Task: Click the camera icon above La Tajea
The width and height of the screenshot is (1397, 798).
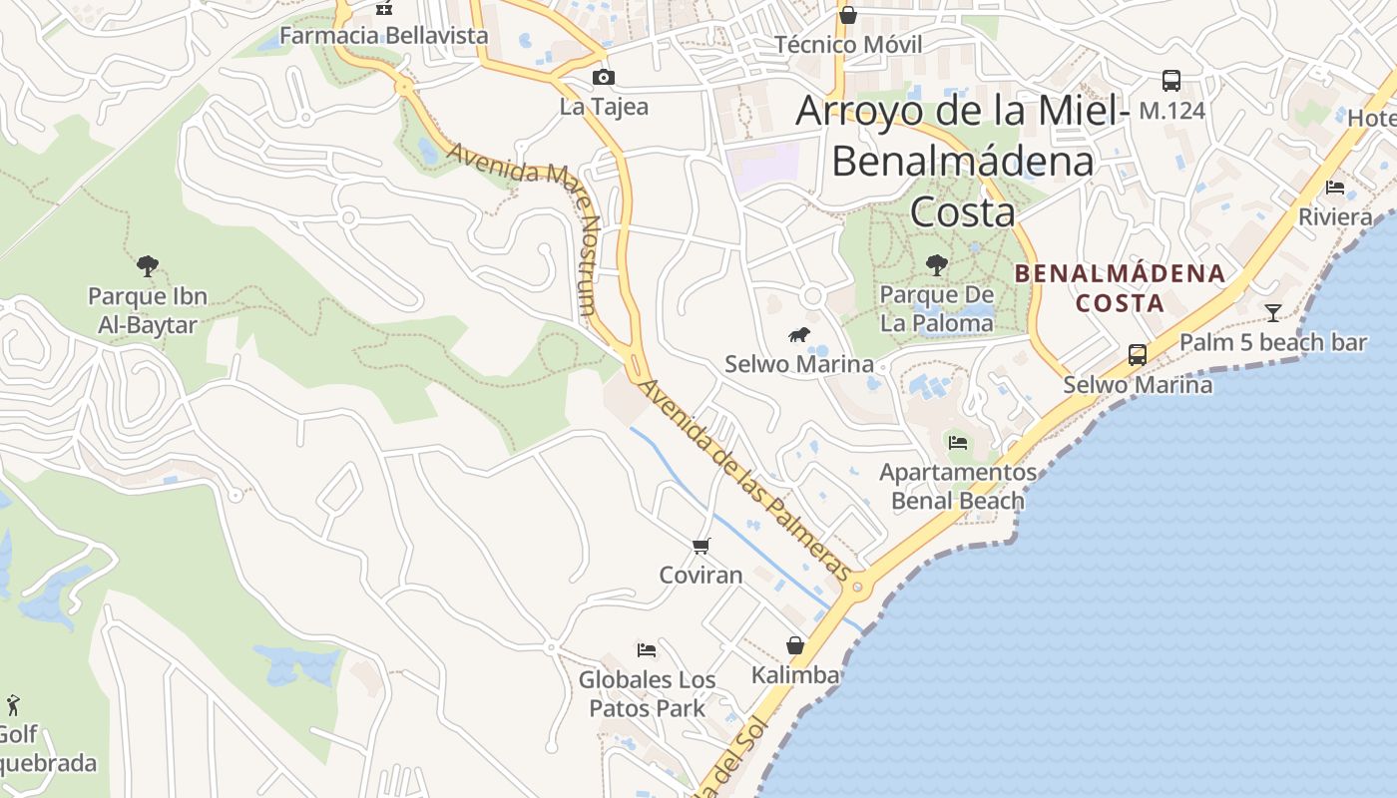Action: tap(603, 78)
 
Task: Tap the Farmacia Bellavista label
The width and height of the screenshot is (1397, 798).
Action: tap(384, 36)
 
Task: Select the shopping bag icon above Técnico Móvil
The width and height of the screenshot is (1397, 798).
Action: tap(847, 15)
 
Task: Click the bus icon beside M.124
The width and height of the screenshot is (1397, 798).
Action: tap(1171, 81)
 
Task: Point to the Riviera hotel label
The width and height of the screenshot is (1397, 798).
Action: tap(1335, 216)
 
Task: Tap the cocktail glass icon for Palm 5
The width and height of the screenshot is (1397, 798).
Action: tap(1272, 313)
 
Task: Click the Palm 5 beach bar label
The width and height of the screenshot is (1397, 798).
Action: tap(1272, 342)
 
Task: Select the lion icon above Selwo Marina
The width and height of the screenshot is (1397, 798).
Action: tap(798, 335)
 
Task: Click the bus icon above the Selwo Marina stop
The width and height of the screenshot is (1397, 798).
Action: tap(1137, 354)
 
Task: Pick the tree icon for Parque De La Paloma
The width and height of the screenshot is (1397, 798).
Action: tap(936, 264)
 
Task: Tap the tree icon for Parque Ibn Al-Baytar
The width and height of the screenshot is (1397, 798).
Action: tap(148, 266)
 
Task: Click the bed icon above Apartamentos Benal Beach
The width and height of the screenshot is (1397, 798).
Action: tap(958, 442)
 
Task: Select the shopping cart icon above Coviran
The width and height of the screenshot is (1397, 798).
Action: tap(700, 546)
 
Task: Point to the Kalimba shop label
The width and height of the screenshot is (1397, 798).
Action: tap(795, 675)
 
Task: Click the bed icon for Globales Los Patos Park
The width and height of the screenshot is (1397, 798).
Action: tap(647, 650)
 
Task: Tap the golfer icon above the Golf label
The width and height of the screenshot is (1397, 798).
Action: tap(13, 705)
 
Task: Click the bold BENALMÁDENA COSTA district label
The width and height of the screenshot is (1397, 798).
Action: tap(1120, 287)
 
